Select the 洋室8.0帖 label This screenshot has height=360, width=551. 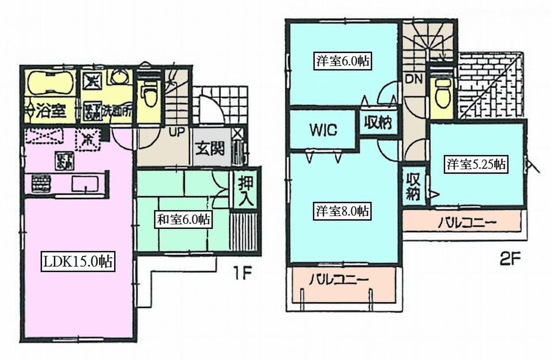point(342,211)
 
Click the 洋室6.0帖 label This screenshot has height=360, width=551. point(342,61)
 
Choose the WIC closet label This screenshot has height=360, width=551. point(323,130)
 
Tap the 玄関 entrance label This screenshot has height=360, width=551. point(208,149)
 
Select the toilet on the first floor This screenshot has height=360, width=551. point(147,94)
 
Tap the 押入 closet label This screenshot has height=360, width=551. point(244,190)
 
